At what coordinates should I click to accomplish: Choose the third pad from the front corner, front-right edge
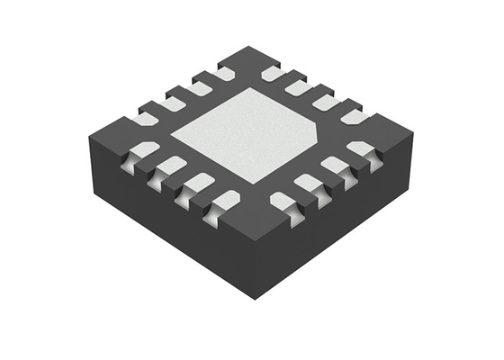coord(335,166)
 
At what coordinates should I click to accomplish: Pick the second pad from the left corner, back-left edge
coord(170,102)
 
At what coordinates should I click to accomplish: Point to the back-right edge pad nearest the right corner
coord(355,116)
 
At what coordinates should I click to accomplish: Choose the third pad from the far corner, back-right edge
coord(325,101)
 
